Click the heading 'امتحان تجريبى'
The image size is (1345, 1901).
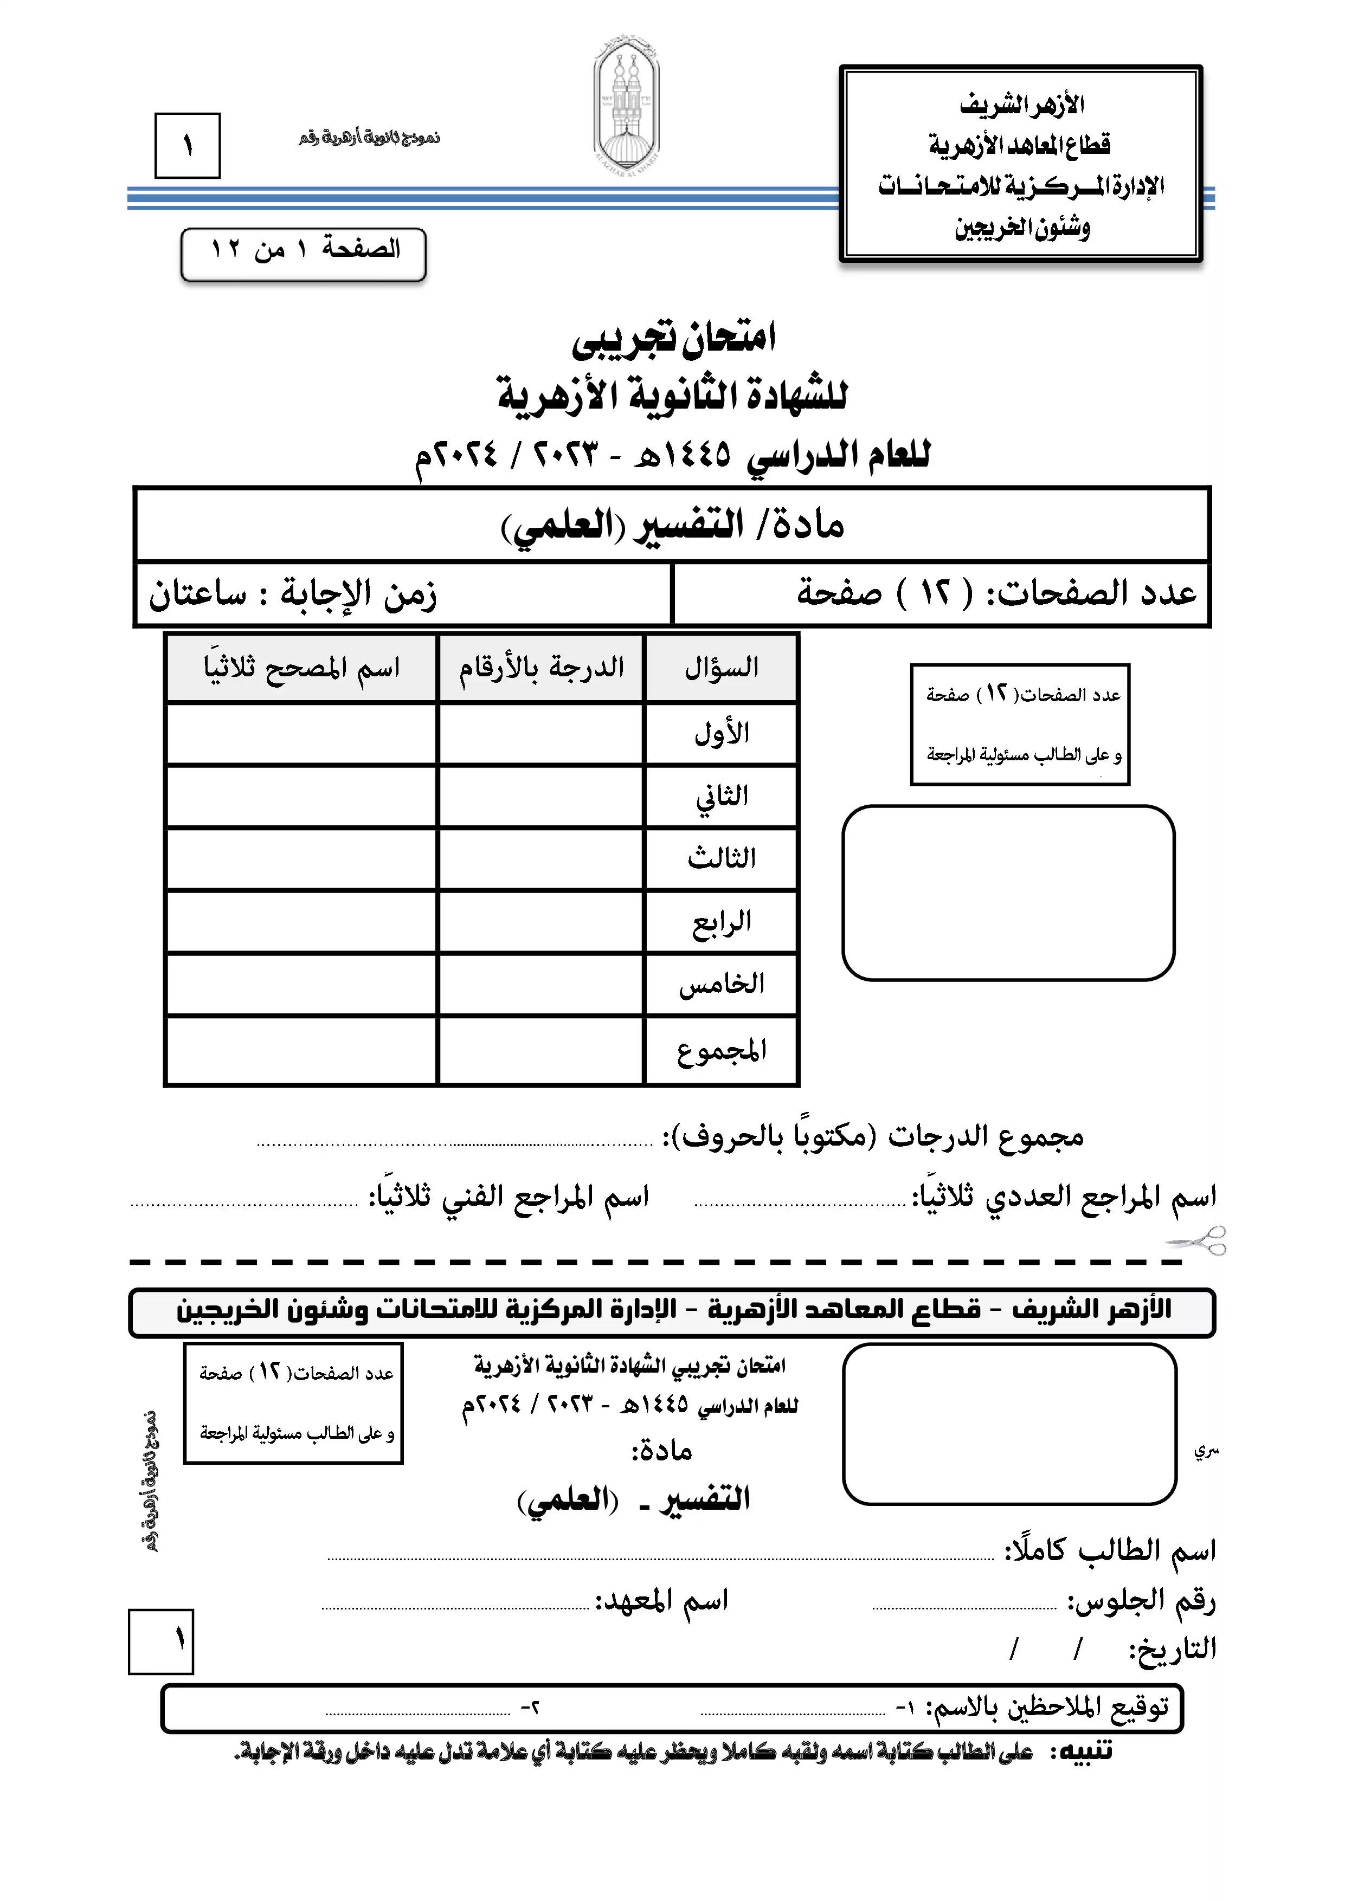[x=673, y=338]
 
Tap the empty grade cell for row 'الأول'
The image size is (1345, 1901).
[x=541, y=734]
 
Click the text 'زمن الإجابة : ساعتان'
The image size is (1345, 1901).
[x=292, y=593]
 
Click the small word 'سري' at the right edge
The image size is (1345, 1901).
[x=1206, y=1451]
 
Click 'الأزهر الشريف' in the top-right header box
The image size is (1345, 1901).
[x=1022, y=105]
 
